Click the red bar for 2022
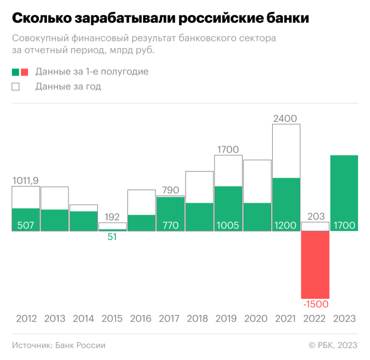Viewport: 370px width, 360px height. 315,264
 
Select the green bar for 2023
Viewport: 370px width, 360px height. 344,192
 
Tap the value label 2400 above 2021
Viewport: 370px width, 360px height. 285,118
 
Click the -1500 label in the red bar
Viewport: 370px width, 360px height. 315,304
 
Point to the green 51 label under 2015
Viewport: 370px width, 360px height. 112,237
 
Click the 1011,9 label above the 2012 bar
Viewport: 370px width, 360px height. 25,180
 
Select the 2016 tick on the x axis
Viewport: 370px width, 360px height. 141,319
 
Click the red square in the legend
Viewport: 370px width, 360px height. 25,72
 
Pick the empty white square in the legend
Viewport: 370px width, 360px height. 16,86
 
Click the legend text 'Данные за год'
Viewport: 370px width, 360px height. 68,86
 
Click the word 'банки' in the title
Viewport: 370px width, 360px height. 284,18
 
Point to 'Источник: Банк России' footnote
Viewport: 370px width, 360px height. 58,345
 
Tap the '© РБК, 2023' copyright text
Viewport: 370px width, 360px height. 333,345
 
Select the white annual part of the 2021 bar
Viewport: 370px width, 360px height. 286,150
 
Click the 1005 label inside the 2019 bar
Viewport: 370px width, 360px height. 228,225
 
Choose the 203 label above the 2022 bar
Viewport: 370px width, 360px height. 315,216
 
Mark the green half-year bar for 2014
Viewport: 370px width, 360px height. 83,220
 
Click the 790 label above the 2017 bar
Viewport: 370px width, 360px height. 171,190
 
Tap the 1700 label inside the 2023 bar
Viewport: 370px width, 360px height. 344,225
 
